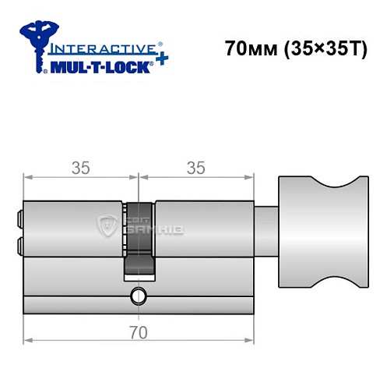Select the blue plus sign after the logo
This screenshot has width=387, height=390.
coord(160,59)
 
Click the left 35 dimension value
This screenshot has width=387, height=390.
coord(80,168)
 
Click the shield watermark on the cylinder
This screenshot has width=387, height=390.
coord(105,225)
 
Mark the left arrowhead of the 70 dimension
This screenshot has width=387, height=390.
coord(29,341)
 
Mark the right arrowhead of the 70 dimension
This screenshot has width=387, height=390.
coord(252,341)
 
